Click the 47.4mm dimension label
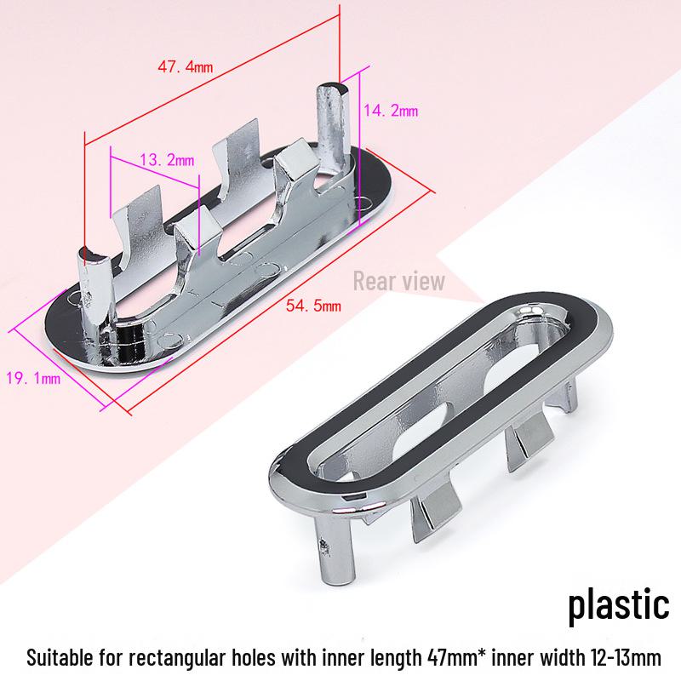pyautogui.click(x=187, y=66)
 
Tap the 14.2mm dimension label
pyautogui.click(x=391, y=111)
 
